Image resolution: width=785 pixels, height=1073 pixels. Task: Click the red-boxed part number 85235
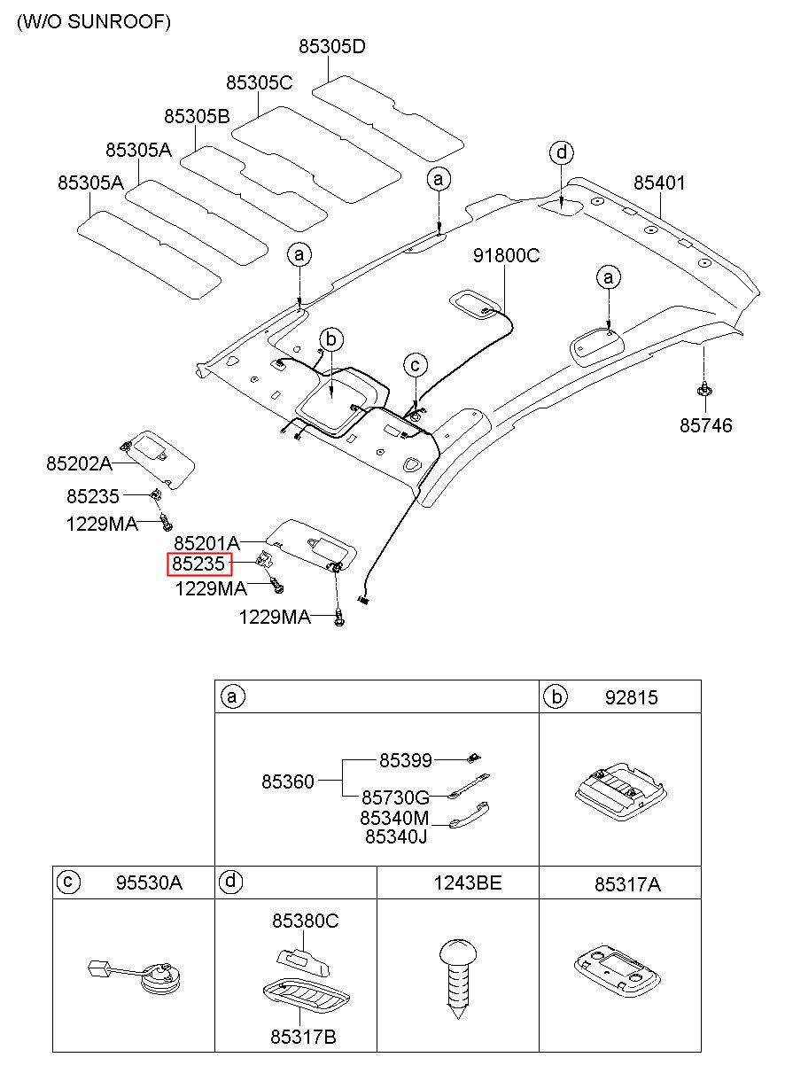click(x=198, y=564)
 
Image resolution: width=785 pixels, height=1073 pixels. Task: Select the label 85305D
click(x=332, y=46)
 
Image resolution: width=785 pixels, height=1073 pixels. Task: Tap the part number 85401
click(x=659, y=183)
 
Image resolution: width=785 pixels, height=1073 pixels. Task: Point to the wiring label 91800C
click(x=506, y=255)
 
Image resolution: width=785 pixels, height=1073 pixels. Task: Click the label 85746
click(x=706, y=425)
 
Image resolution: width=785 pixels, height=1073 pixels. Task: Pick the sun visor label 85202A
click(x=79, y=463)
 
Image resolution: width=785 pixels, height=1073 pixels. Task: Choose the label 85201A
click(x=206, y=543)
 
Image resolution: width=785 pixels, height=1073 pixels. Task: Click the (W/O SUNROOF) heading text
click(x=94, y=22)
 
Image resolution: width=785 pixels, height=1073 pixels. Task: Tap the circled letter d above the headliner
click(x=562, y=152)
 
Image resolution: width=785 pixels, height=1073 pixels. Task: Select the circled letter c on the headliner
click(x=416, y=365)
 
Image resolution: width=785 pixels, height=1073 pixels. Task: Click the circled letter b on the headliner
click(x=331, y=339)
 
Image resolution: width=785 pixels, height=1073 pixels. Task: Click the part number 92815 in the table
click(x=631, y=698)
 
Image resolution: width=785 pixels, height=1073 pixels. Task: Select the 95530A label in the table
click(x=149, y=883)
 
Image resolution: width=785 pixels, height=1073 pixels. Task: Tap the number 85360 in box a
click(x=288, y=781)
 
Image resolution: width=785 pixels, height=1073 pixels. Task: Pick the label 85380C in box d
click(x=305, y=921)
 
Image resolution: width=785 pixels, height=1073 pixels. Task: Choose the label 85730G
click(x=396, y=798)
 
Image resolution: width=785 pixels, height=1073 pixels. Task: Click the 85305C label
click(x=259, y=83)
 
